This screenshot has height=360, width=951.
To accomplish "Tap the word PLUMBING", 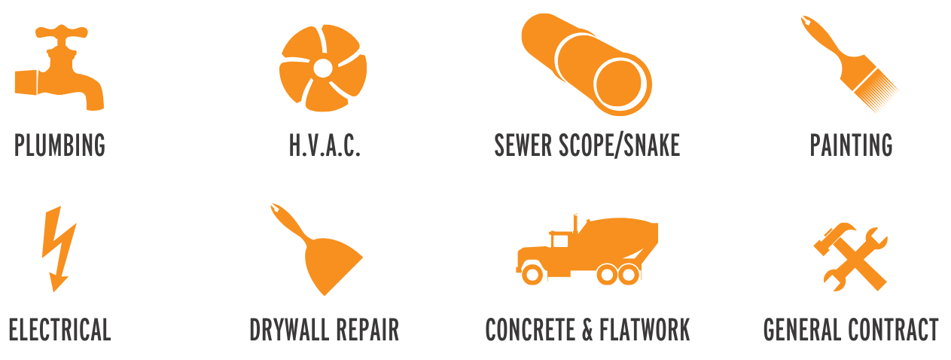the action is (60, 145).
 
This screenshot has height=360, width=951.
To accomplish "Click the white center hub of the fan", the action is (323, 68).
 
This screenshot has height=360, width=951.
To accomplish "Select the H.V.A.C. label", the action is (325, 145).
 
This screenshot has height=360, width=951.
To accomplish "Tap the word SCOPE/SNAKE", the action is (620, 145).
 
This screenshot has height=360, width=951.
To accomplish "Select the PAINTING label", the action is (851, 145).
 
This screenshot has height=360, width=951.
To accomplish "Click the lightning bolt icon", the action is (59, 249).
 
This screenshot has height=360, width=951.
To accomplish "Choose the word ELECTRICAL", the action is (60, 329).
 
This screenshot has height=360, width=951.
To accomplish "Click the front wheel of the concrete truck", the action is (532, 274).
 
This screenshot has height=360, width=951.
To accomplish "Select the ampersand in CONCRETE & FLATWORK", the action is (587, 330).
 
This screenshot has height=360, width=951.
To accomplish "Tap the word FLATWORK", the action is (645, 329).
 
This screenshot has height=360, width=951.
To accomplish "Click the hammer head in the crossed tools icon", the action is (833, 238).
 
